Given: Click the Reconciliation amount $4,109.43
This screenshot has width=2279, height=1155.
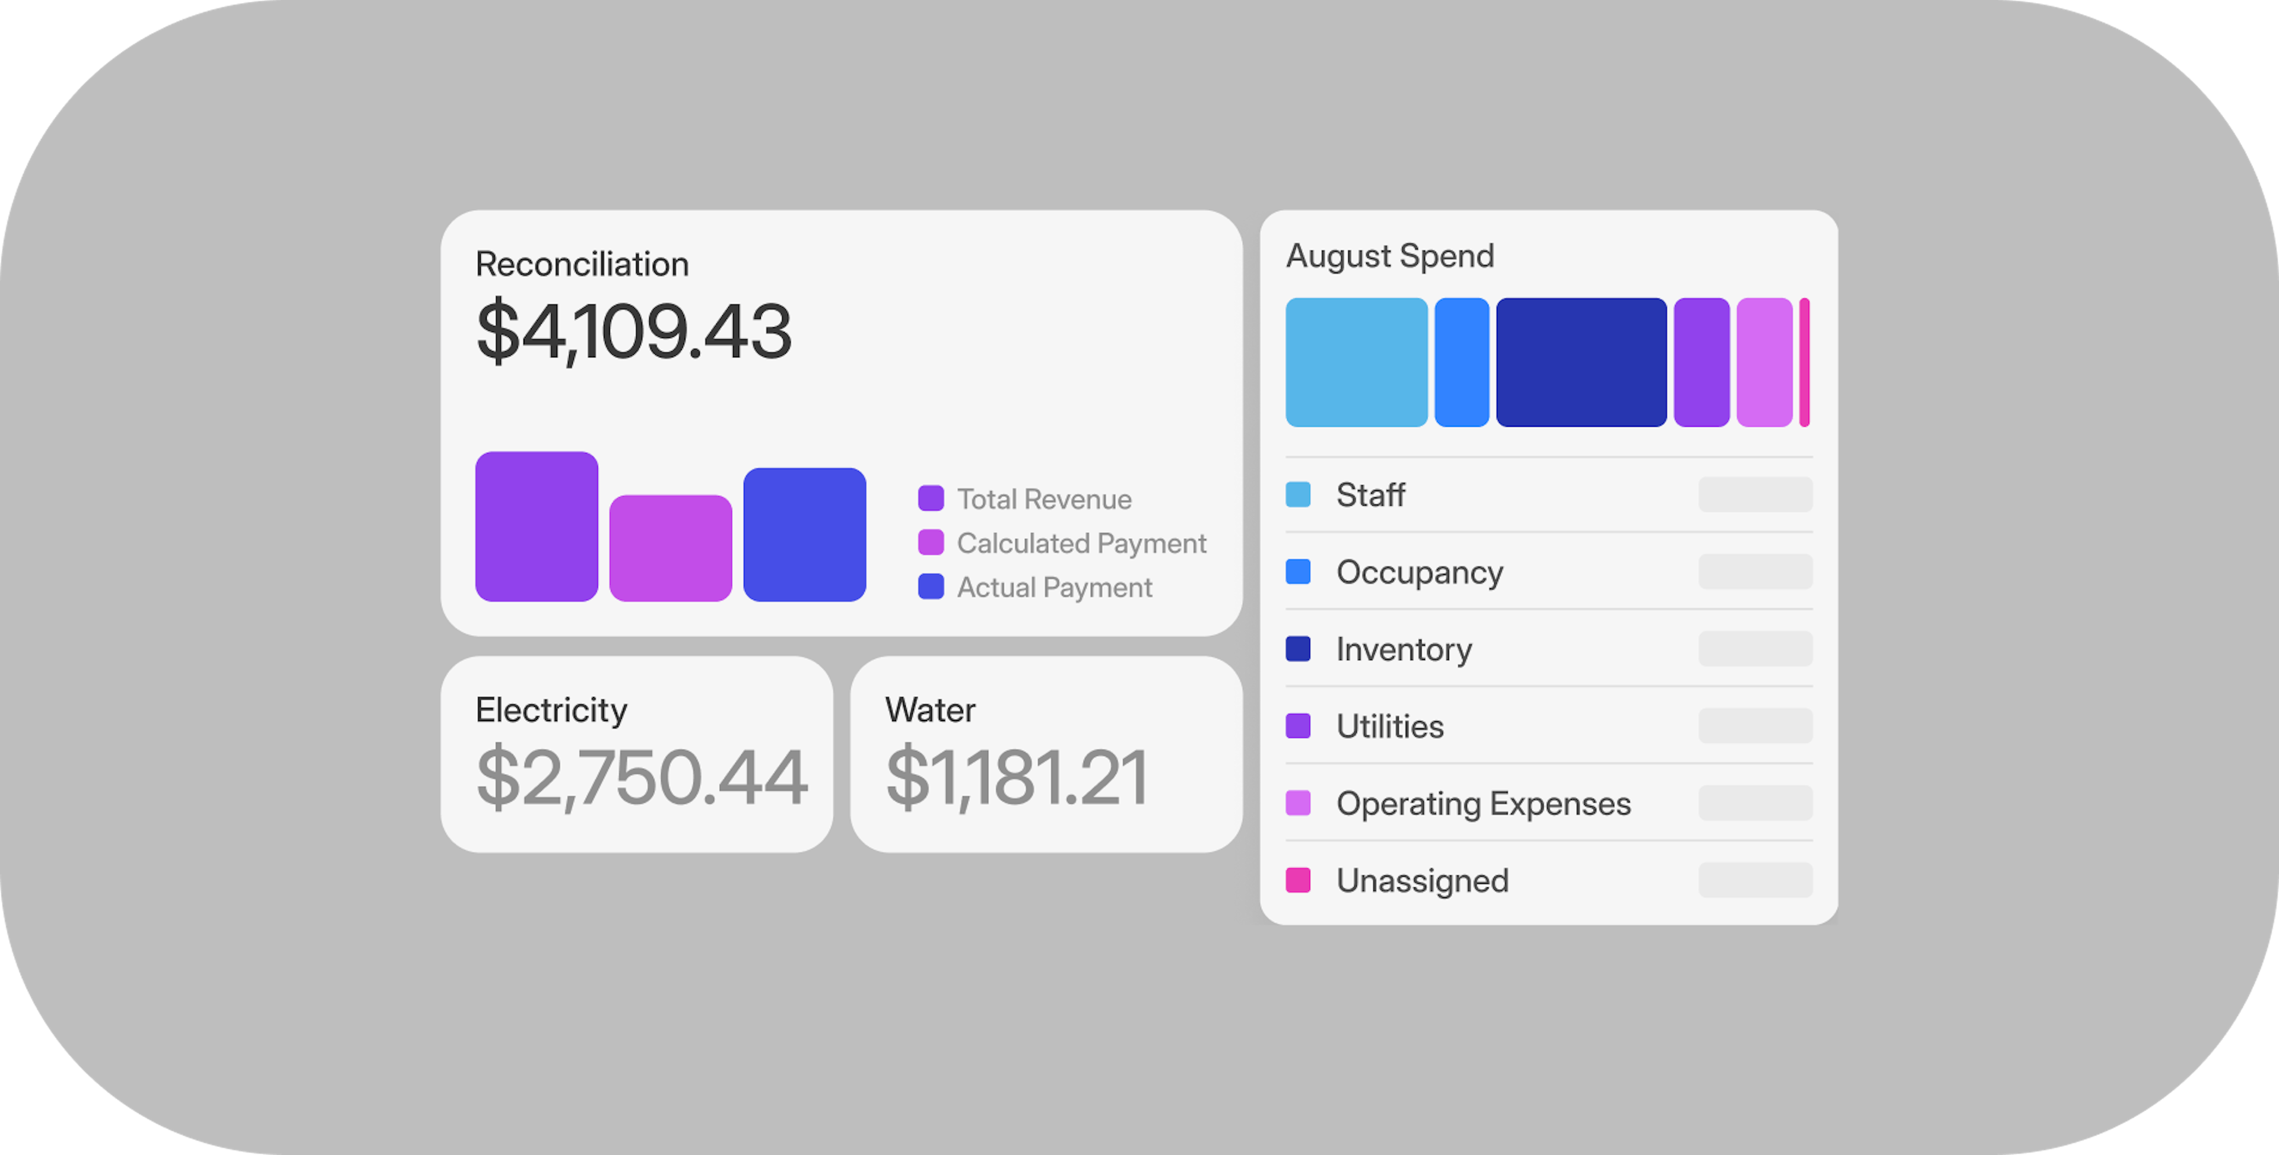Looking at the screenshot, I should click(x=633, y=331).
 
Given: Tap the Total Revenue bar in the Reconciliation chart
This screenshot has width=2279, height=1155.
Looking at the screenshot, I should click(x=536, y=526).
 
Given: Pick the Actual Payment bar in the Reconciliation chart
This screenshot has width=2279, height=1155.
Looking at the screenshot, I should click(x=804, y=535).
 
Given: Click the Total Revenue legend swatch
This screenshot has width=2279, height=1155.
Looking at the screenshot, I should click(x=931, y=499).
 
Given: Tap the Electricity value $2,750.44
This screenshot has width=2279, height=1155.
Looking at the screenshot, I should click(x=640, y=777).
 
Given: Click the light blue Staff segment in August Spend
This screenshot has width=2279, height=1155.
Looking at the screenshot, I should click(x=1356, y=362).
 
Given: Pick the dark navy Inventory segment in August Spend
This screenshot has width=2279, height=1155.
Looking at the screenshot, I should click(x=1581, y=362).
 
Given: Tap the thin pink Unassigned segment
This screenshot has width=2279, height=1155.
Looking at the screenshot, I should click(x=1804, y=362).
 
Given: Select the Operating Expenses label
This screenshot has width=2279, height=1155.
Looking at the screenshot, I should click(x=1483, y=804).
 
